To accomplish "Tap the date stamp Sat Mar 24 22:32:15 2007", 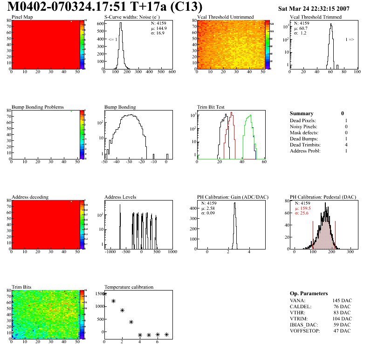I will pos(313,9).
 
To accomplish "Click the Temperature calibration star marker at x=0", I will pos(104,294).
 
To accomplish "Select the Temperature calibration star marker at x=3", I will pos(131,322).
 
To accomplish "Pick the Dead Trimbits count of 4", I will pos(346,145).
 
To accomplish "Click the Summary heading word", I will pos(302,113).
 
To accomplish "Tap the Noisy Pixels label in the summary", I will pos(303,127).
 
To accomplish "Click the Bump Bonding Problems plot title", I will pos(38,107).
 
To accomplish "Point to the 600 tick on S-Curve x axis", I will pos(172,72).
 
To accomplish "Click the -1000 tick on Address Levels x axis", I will pos(110,252).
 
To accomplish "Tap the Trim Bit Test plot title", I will pos(211,107).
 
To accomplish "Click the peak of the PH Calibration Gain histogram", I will pos(235,203).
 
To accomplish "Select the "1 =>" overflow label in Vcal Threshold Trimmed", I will pos(350,40).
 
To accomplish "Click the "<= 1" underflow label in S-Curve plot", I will pos(113,40).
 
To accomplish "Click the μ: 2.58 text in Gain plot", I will pos(208,208).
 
